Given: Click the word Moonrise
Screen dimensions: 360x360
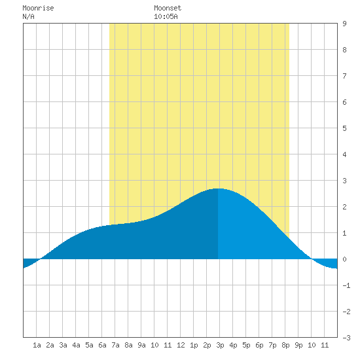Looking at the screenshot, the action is click(x=38, y=9).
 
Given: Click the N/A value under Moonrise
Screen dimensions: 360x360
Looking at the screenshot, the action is click(x=28, y=16).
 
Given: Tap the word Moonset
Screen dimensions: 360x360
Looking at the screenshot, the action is click(x=168, y=9).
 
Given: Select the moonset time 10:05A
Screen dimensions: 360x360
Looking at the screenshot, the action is click(x=166, y=16).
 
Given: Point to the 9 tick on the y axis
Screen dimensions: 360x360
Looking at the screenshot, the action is click(x=344, y=24).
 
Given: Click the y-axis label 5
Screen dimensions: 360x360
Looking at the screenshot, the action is click(x=344, y=128).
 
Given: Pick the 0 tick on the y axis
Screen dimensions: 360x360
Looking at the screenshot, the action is click(x=344, y=259).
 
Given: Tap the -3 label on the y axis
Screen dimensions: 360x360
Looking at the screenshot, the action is click(x=347, y=338).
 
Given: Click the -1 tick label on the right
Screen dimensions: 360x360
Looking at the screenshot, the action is click(x=347, y=285).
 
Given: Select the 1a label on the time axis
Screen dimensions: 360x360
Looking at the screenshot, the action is click(x=37, y=345).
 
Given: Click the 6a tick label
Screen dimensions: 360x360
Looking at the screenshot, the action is click(x=102, y=345).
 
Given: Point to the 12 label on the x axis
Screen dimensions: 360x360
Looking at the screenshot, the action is click(x=181, y=345).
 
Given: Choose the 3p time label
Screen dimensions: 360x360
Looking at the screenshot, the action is click(x=220, y=345).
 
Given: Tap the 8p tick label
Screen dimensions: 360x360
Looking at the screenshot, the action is click(x=285, y=345).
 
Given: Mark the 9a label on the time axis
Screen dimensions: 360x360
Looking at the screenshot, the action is click(x=141, y=345).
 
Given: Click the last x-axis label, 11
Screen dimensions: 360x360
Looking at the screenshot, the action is click(x=325, y=345).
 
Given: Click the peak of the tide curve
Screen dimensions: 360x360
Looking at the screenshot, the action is click(x=218, y=189).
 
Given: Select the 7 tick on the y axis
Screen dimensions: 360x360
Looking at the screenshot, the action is click(x=344, y=76).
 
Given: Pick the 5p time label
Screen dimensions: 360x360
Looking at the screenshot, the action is click(x=246, y=345).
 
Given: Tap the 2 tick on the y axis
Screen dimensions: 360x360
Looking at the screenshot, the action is click(x=344, y=207).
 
